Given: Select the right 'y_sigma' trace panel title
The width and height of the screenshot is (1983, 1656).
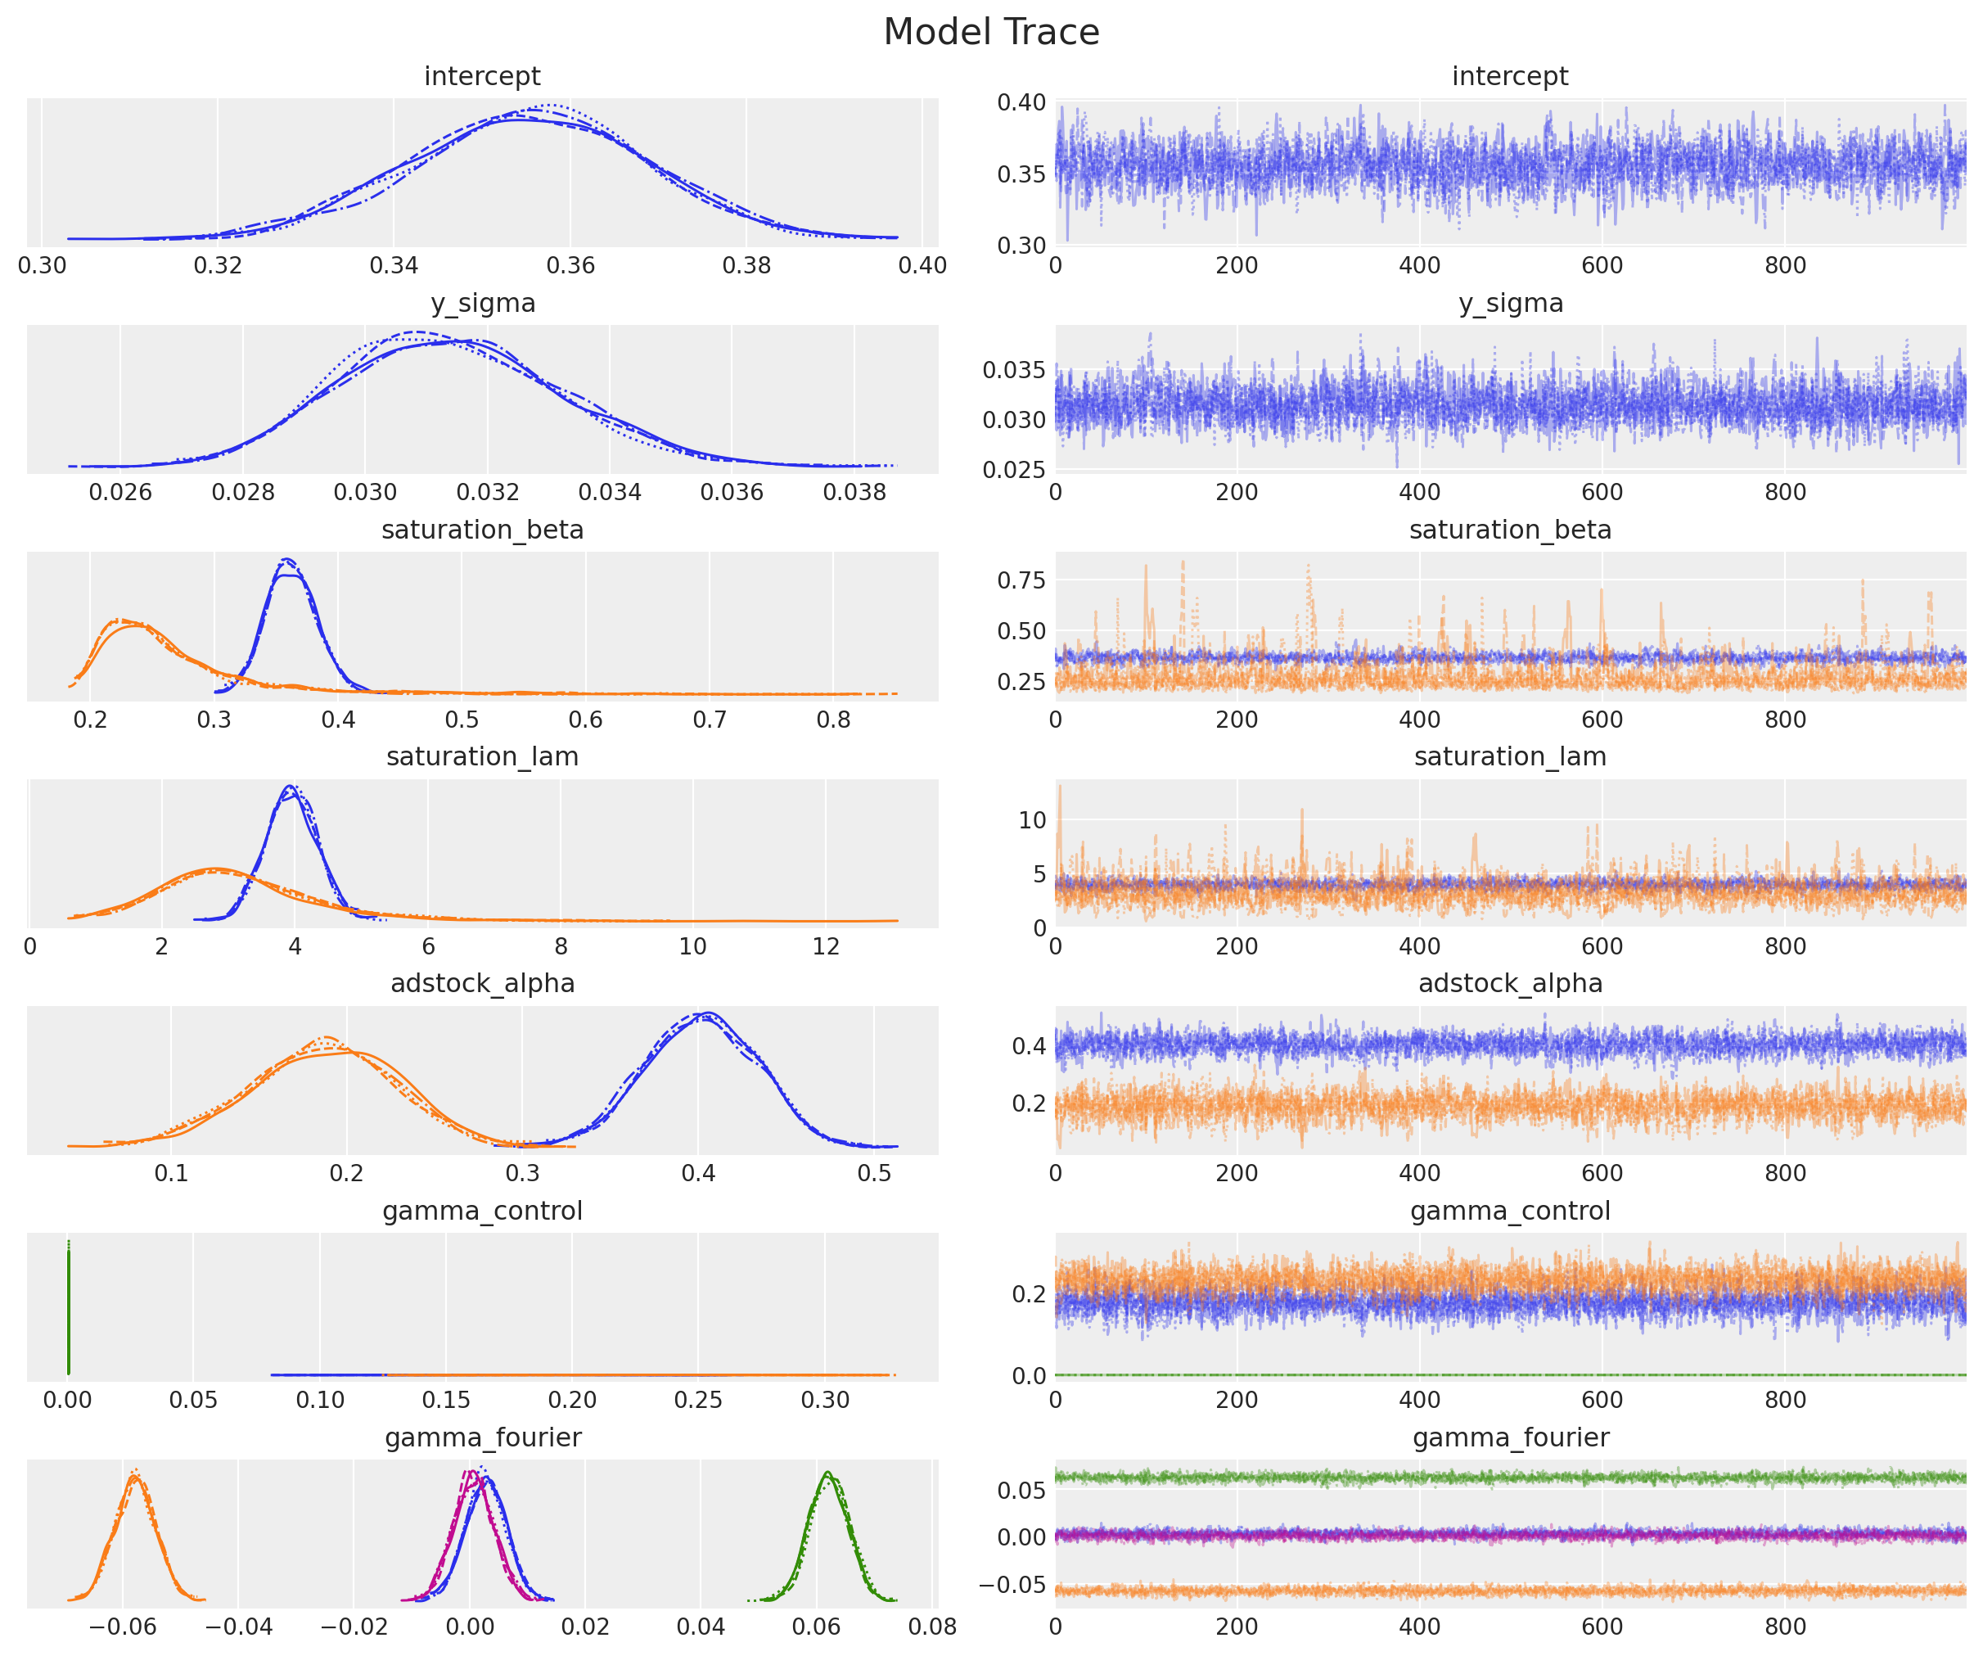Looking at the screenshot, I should tap(1510, 303).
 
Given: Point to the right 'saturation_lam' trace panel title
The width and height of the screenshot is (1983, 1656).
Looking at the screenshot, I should tap(1510, 756).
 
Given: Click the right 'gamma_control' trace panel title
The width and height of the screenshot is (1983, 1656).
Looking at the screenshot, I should tap(1510, 1210).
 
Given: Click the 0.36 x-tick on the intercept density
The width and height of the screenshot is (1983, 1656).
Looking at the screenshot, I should tap(570, 265).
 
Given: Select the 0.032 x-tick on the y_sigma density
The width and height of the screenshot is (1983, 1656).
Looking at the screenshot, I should tap(487, 492).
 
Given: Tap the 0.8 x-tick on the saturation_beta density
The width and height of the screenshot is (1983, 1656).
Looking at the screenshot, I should tap(833, 720).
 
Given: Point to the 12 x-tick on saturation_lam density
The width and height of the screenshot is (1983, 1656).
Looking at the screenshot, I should tap(825, 946).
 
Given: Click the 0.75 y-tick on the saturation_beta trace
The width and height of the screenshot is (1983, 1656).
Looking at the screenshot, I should tap(1021, 580).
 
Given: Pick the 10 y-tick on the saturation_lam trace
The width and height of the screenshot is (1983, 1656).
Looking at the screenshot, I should tap(1032, 820).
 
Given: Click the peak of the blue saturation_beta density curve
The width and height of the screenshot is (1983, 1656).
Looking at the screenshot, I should tap(288, 561).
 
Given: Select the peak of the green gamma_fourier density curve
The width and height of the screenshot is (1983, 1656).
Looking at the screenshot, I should tap(827, 1473).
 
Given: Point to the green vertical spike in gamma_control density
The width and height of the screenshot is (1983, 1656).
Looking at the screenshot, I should tap(68, 1308).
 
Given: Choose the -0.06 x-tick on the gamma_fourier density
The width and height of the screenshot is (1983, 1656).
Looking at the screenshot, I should tap(122, 1627).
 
